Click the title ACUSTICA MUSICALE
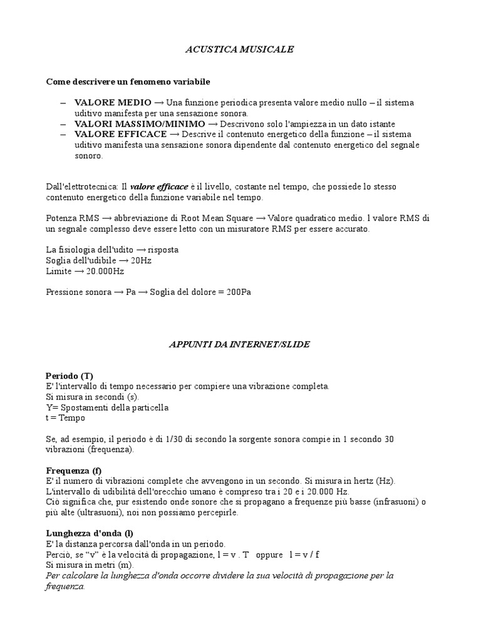(x=240, y=49)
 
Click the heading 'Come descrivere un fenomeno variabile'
(x=128, y=81)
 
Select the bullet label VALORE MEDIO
(x=113, y=102)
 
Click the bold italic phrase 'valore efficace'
(x=159, y=187)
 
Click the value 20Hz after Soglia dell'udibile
(x=140, y=260)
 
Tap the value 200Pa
(x=237, y=292)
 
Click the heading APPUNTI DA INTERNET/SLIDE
(x=240, y=344)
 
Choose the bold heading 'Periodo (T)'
(x=70, y=376)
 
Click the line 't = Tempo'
(x=66, y=418)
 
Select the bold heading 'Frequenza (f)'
(x=74, y=470)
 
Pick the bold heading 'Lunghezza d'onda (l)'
(x=90, y=533)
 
